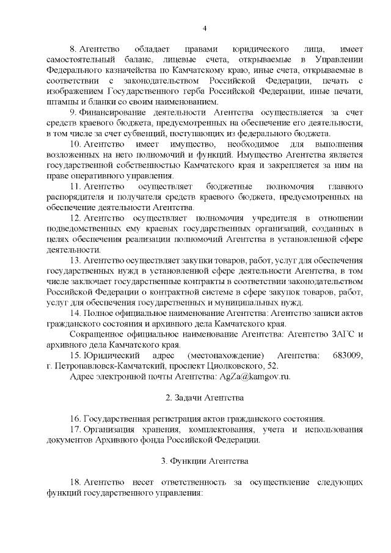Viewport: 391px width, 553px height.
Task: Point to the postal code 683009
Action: click(348, 355)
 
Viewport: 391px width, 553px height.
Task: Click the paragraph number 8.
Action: click(73, 48)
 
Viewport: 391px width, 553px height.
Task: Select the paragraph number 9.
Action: click(73, 112)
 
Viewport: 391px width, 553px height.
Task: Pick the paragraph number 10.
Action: click(75, 143)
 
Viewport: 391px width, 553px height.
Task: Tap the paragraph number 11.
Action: click(75, 186)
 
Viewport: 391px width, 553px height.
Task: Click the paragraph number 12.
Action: click(75, 218)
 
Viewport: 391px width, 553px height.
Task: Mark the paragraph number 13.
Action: click(75, 261)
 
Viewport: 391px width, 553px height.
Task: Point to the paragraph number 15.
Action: click(75, 355)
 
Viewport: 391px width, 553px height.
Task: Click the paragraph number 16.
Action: click(75, 419)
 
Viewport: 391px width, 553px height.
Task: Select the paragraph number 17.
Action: click(75, 430)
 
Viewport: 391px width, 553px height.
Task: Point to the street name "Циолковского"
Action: click(226, 365)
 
